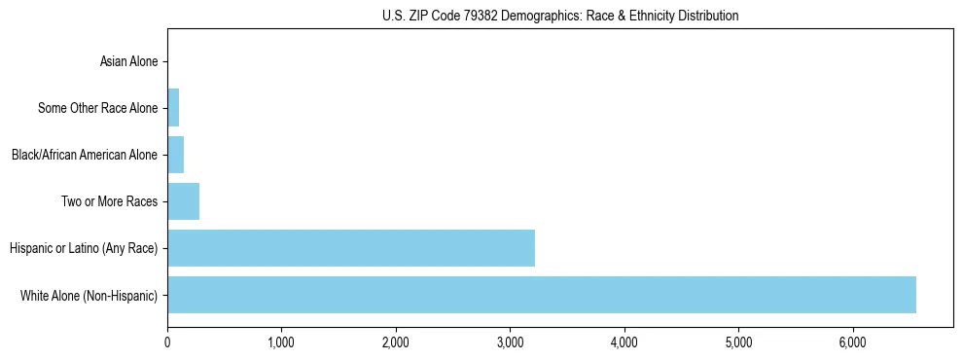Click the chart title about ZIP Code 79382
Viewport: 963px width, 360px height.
click(559, 16)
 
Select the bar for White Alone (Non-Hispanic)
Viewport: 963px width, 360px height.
click(541, 295)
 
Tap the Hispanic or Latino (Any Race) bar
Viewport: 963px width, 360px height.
click(350, 248)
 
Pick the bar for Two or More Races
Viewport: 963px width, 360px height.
click(183, 201)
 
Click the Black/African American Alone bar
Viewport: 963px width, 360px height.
click(175, 155)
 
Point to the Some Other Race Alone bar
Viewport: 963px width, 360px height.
click(173, 108)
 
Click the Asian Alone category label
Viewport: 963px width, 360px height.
click(128, 61)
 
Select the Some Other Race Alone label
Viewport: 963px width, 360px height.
click(97, 108)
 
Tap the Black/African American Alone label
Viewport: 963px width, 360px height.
click(84, 155)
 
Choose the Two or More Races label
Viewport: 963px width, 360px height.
click(114, 201)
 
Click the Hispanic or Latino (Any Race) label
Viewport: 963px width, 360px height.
click(84, 248)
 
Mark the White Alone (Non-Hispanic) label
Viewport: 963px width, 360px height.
click(89, 295)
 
